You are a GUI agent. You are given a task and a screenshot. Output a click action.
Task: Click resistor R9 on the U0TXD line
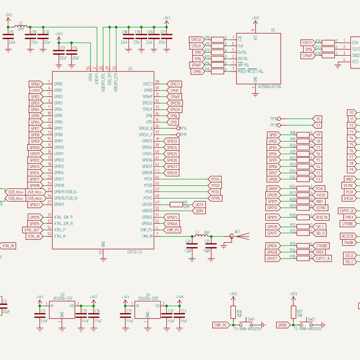click(185, 204)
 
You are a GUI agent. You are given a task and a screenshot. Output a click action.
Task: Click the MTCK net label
click(215, 179)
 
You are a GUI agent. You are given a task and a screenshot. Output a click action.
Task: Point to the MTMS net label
click(215, 198)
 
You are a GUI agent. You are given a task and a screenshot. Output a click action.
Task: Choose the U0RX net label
click(199, 211)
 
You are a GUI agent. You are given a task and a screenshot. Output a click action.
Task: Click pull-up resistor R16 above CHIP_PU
click(233, 313)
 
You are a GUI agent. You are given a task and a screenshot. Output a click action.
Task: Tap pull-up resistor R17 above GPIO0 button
click(293, 313)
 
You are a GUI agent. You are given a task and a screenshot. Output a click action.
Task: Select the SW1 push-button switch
click(251, 325)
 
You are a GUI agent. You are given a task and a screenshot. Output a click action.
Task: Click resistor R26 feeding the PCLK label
click(293, 188)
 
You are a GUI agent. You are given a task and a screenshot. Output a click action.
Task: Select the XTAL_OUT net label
click(32, 230)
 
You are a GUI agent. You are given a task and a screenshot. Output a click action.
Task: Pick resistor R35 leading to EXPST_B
click(293, 259)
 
